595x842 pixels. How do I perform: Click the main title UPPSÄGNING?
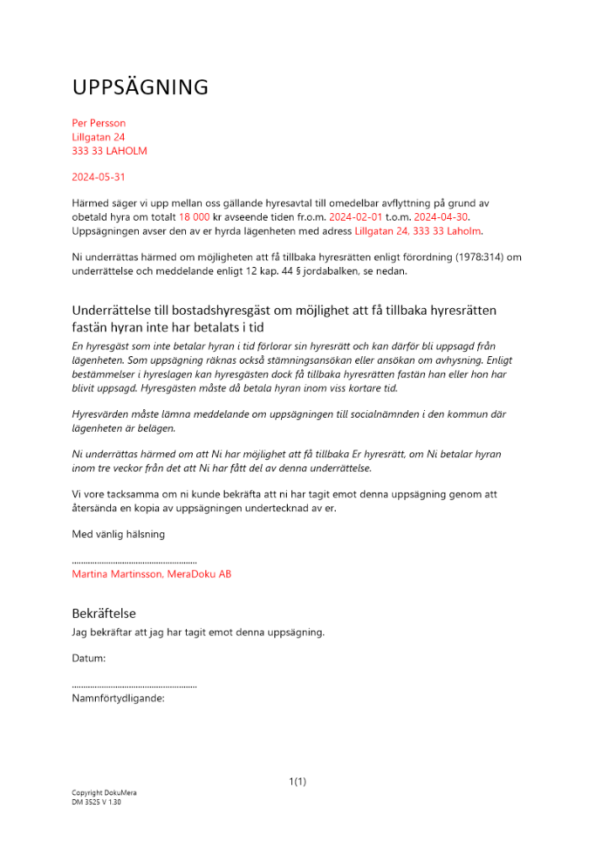click(140, 88)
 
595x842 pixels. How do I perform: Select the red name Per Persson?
click(98, 123)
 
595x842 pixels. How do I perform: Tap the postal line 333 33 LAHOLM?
click(109, 151)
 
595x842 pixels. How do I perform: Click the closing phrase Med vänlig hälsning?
click(119, 534)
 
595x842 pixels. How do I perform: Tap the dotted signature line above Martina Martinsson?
click(135, 561)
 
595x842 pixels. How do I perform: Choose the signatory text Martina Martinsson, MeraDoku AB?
click(151, 574)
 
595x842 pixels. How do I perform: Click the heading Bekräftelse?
click(104, 614)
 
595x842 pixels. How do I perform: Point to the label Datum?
click(89, 658)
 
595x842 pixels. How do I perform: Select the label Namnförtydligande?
click(118, 698)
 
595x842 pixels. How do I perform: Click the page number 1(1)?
click(297, 781)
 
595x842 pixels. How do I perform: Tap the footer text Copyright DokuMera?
click(104, 793)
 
